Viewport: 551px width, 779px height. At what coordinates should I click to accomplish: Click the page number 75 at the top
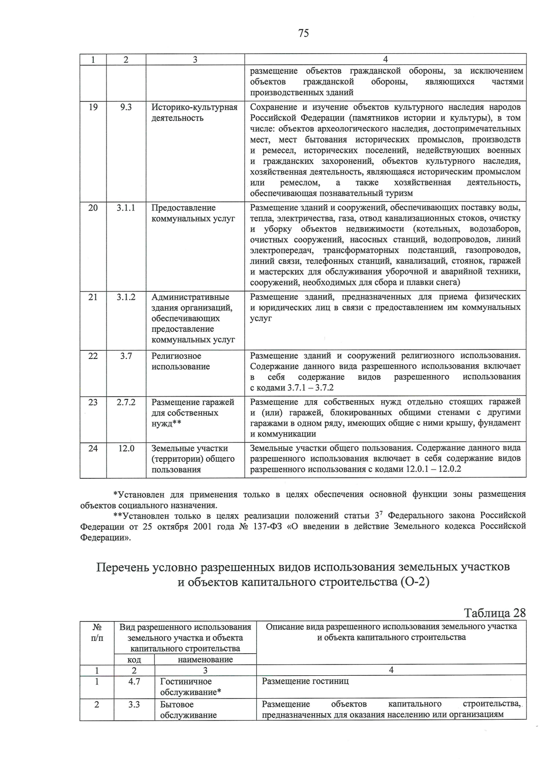coord(304,33)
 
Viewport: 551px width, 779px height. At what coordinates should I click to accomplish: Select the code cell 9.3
coord(126,107)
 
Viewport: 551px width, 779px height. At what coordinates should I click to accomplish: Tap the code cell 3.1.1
coord(126,208)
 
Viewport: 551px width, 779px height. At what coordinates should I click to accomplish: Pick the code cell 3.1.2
coord(126,297)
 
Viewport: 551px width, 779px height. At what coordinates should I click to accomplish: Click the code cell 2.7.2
coord(126,402)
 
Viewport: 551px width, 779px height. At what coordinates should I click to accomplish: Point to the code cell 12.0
coord(126,448)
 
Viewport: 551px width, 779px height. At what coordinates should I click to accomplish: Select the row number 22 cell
coord(93,356)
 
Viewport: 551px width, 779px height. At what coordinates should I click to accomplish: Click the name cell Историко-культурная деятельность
coord(194,113)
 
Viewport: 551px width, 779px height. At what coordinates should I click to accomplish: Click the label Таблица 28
coord(495,613)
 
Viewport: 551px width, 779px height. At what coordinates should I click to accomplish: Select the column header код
coord(134,660)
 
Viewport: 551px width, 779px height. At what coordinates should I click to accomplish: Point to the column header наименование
coord(205,660)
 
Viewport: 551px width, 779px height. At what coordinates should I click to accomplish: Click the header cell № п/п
coord(97,632)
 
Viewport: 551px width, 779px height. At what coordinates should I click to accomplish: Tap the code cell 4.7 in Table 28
coord(134,682)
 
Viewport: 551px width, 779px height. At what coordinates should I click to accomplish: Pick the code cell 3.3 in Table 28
coord(134,704)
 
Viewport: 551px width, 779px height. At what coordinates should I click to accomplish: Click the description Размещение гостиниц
coord(305,681)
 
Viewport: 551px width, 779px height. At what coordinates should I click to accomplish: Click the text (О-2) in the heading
coord(415,583)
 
